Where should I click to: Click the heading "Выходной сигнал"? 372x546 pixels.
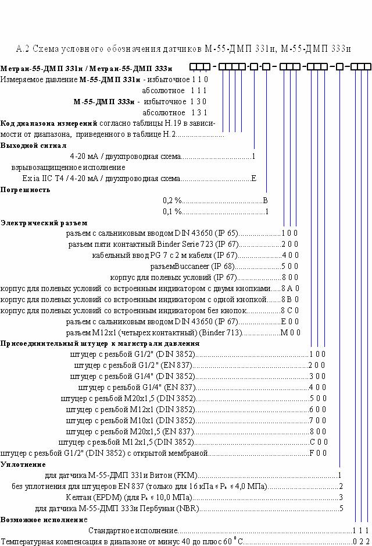coord(33,146)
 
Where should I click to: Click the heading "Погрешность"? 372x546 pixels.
coord(26,190)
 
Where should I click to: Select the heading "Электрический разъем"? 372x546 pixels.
coord(44,223)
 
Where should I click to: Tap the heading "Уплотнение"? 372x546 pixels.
coord(23,465)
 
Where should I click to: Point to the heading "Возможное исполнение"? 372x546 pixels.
coord(44,520)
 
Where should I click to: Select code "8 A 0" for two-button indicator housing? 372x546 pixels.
coord(290,288)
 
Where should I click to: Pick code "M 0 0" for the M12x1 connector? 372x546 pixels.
coord(290,332)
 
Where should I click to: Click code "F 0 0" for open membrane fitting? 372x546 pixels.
coord(318,453)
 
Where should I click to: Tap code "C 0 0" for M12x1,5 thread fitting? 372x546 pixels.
coord(319,442)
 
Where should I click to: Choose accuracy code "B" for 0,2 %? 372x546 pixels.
coord(266,201)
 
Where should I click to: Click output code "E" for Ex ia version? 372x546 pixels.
coord(254,179)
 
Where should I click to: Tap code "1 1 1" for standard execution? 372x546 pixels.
coord(360,531)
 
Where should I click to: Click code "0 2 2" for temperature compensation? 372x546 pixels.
coord(361,542)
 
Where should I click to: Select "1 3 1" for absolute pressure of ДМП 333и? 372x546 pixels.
coord(199,112)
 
